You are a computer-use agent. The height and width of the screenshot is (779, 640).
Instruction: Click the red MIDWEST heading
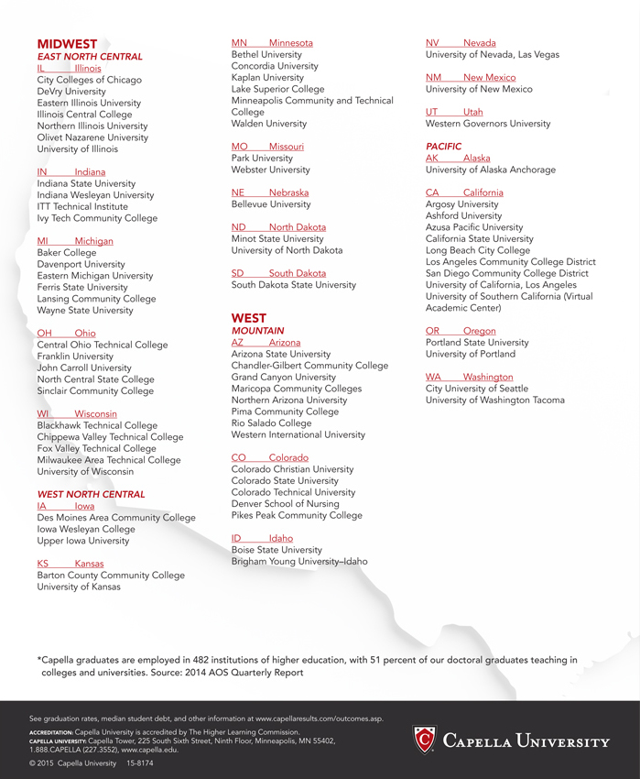pos(67,44)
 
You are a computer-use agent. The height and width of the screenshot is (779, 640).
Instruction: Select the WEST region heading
pos(249,318)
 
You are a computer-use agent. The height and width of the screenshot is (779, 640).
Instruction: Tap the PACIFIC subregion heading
pos(444,147)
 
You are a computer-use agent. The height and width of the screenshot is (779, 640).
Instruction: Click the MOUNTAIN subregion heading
pos(258,331)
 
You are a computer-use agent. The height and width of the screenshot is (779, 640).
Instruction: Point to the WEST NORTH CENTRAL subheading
pos(91,495)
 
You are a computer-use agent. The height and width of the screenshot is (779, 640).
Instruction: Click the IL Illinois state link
pos(70,69)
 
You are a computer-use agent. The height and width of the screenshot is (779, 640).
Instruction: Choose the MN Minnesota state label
pos(272,43)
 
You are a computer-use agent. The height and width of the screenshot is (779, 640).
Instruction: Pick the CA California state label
pos(464,192)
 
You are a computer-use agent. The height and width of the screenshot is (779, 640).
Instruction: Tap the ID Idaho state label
pos(262,538)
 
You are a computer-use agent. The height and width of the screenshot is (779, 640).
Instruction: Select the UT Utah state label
pos(454,112)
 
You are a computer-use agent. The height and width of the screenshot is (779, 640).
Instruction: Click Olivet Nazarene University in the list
pos(92,137)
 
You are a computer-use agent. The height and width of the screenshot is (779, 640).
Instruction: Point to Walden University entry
pos(269,124)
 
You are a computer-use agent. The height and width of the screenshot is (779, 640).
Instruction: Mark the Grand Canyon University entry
pos(284,378)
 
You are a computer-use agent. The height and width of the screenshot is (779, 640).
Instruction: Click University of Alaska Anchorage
pos(491,170)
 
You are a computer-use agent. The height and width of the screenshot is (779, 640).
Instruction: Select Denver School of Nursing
pos(284,504)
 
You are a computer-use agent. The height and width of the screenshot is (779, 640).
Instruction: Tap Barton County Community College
pos(111,576)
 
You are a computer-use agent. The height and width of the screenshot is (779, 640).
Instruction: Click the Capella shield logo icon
pos(424,740)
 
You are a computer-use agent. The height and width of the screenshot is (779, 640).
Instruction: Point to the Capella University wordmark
pos(526,741)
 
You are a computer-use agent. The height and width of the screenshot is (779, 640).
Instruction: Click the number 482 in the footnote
pos(196,659)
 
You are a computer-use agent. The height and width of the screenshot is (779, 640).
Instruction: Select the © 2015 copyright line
pos(91,763)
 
